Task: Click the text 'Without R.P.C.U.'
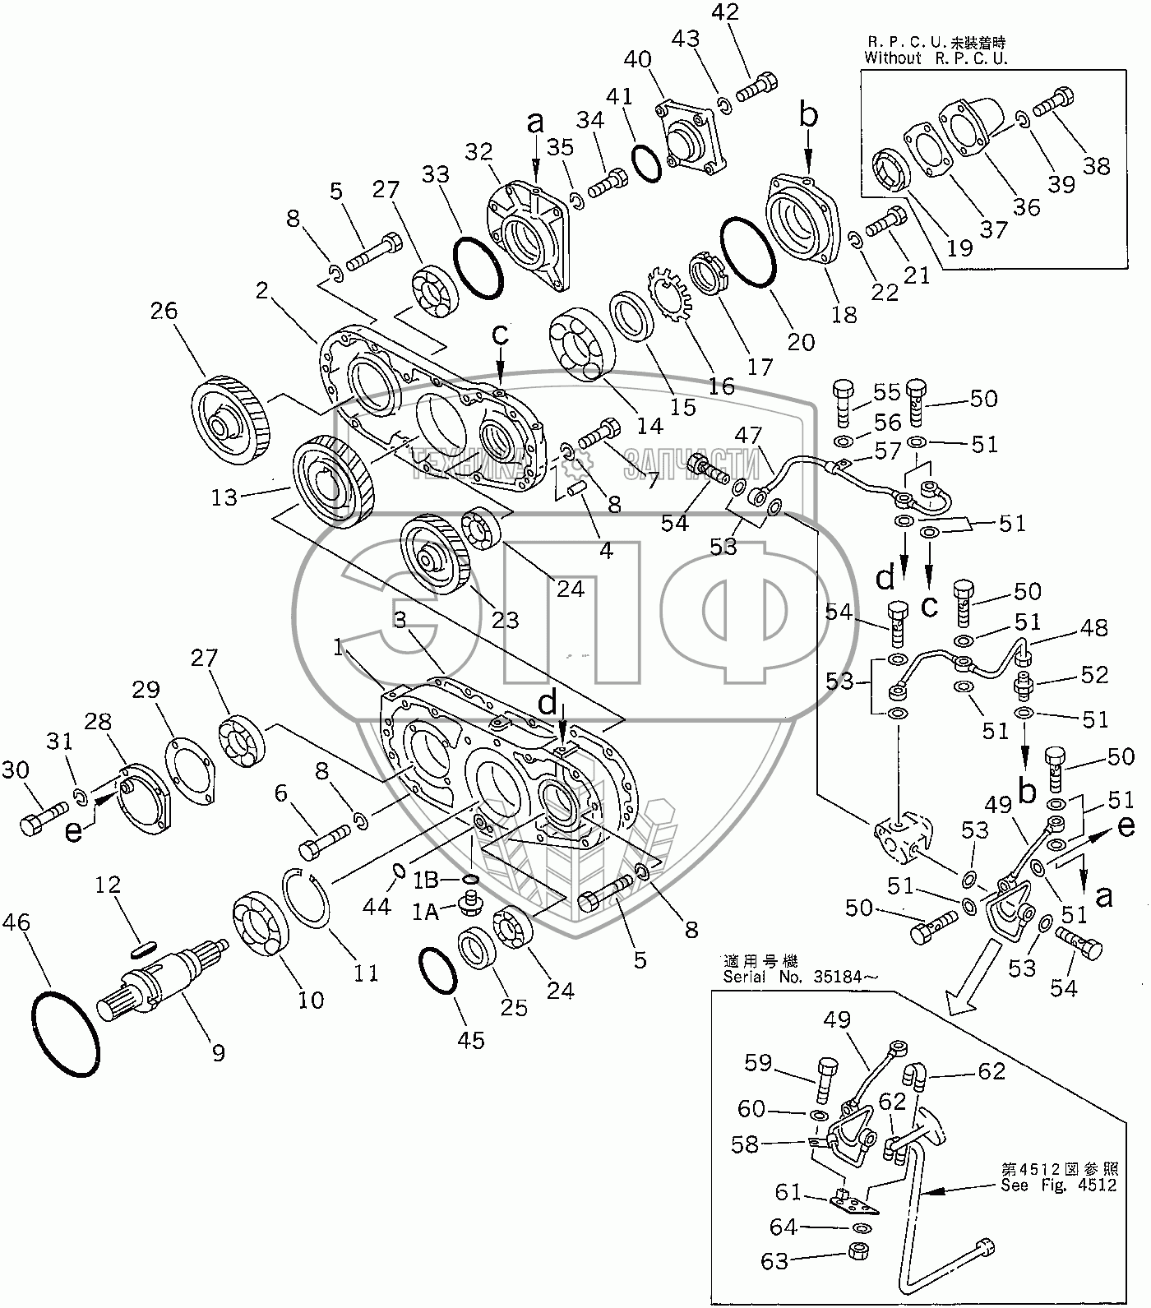pos(935,58)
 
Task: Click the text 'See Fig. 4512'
pos(1059,1185)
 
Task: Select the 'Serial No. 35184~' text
pos(800,977)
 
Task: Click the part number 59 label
pos(758,1063)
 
